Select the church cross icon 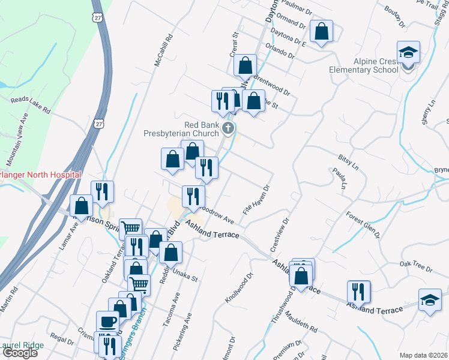[228, 127]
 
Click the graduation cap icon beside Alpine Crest [408, 53]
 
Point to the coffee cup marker [108, 322]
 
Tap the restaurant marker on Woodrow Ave [194, 197]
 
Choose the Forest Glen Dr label [364, 224]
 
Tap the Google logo [20, 353]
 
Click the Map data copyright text [423, 355]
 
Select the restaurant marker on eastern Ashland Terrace [359, 292]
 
